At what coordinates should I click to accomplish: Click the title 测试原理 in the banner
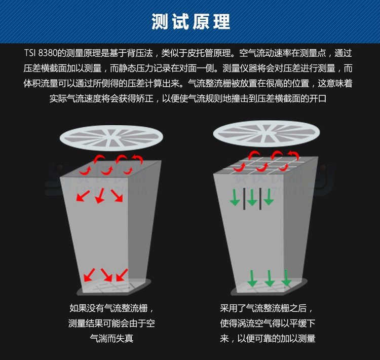pyautogui.click(x=191, y=22)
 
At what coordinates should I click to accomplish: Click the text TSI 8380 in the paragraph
pyautogui.click(x=41, y=53)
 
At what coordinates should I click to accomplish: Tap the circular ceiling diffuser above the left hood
pyautogui.click(x=111, y=137)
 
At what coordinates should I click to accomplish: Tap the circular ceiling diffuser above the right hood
pyautogui.click(x=267, y=133)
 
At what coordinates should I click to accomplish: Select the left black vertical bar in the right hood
pyautogui.click(x=244, y=198)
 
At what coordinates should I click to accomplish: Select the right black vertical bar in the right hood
pyautogui.click(x=260, y=198)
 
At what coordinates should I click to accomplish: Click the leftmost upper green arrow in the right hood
pyautogui.click(x=235, y=197)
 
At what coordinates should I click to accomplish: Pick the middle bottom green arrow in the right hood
pyautogui.click(x=269, y=278)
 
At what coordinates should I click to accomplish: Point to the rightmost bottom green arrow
pyautogui.click(x=286, y=278)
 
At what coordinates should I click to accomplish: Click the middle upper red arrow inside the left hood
pyautogui.click(x=100, y=196)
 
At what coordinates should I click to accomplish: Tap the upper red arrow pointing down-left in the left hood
pyautogui.click(x=83, y=196)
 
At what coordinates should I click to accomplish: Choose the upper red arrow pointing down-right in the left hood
pyautogui.click(x=117, y=196)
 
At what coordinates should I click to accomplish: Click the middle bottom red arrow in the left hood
pyautogui.click(x=106, y=275)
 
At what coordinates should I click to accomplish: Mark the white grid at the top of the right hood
pyautogui.click(x=266, y=165)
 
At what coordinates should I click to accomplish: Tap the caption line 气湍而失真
pyautogui.click(x=111, y=338)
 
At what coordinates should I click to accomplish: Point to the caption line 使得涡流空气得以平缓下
pyautogui.click(x=268, y=323)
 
